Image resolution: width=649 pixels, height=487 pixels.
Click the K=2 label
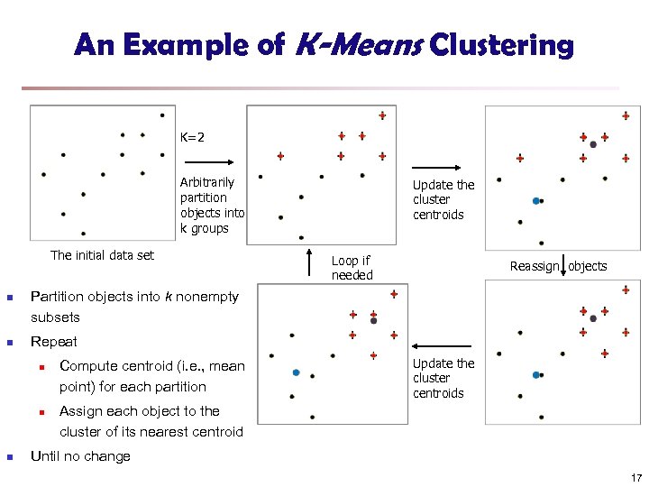tap(192, 137)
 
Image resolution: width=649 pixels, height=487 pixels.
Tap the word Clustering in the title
tap(502, 44)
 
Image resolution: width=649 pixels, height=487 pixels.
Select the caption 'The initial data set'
tap(102, 255)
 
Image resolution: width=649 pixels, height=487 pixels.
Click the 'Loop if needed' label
tap(351, 268)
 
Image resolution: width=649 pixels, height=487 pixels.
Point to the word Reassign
tap(535, 266)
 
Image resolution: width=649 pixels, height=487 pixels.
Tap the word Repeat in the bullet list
tap(54, 342)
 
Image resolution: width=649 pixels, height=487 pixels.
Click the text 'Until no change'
tap(80, 456)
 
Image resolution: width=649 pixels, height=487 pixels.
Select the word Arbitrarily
tap(206, 182)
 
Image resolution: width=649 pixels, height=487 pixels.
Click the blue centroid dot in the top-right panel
tap(536, 200)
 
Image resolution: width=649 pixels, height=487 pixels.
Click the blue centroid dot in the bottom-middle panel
tap(296, 372)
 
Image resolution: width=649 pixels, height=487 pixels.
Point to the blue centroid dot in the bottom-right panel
tap(536, 374)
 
